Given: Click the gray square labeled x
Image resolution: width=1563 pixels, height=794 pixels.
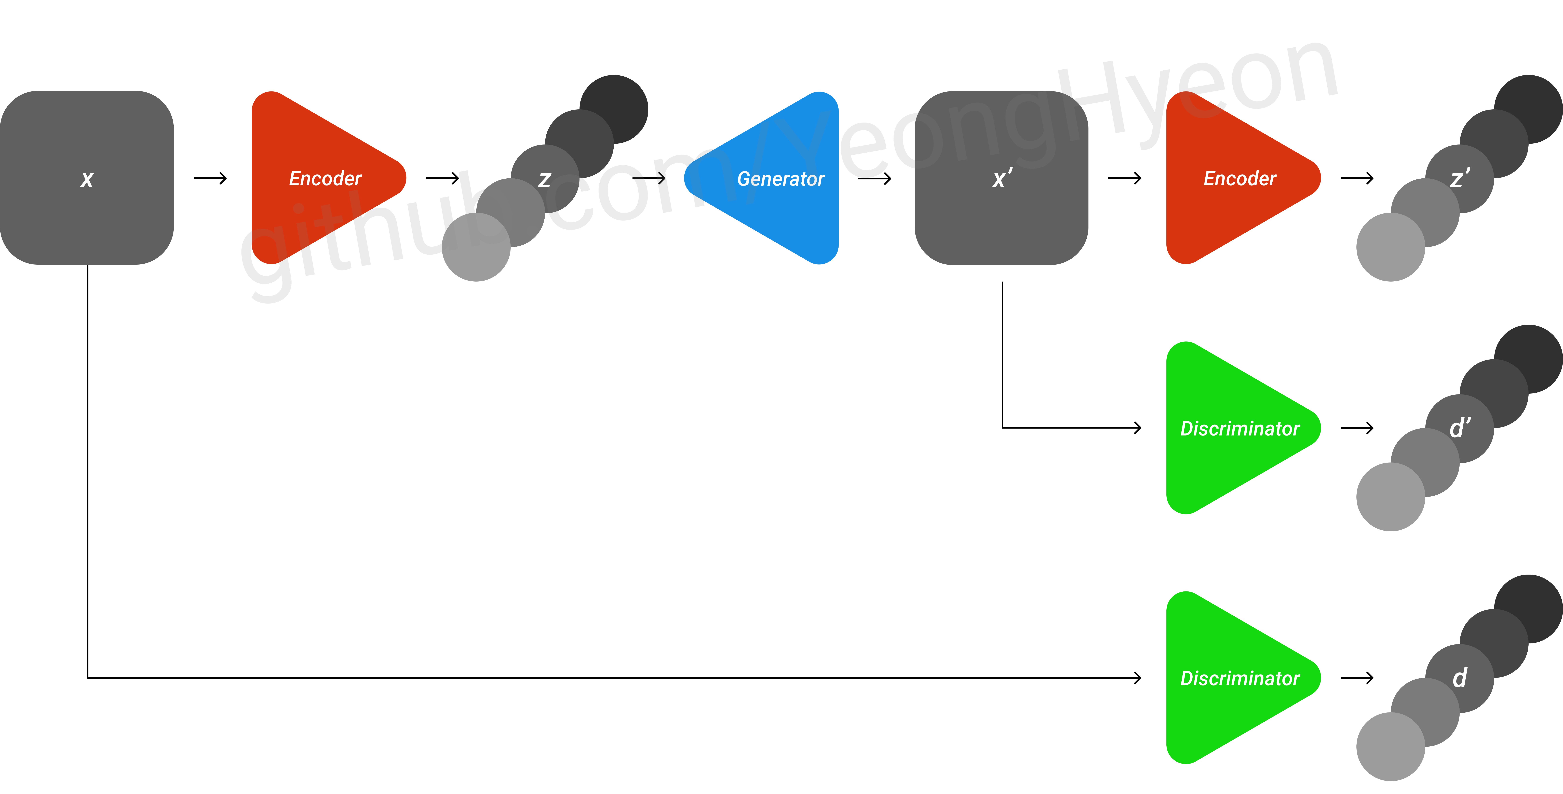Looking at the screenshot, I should coord(87,178).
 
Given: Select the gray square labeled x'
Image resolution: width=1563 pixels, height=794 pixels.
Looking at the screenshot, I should coord(1001,178).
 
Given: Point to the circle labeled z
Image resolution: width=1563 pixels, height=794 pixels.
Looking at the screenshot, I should coord(545,178).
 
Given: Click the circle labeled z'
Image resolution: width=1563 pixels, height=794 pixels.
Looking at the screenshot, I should coord(1459,178).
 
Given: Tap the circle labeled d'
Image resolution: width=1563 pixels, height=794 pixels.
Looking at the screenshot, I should coord(1459,428).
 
